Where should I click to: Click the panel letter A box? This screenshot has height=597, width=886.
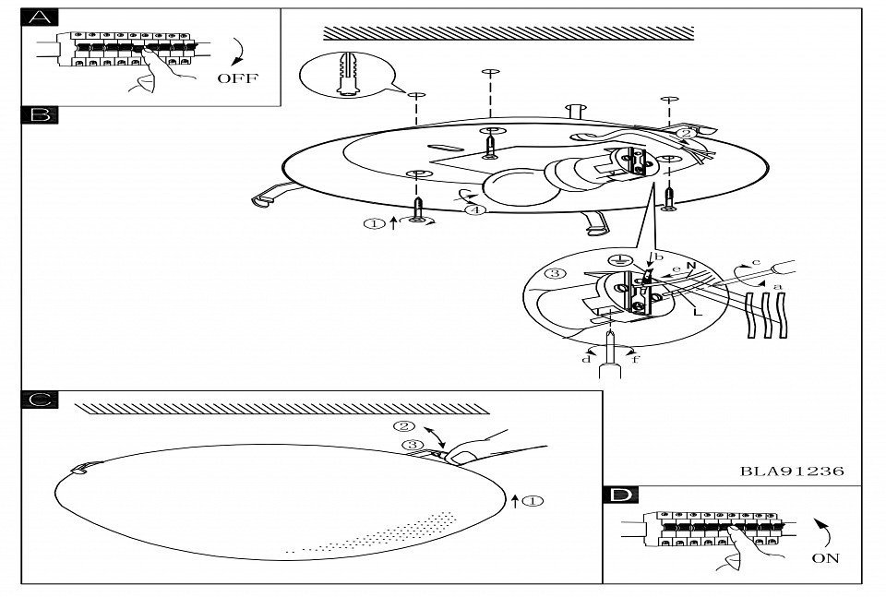(x=39, y=18)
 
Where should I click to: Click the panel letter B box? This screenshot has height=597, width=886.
(x=39, y=114)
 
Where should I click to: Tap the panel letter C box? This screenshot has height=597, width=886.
(x=39, y=400)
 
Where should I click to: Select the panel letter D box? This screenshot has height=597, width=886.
(x=620, y=495)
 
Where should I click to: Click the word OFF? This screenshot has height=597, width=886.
(x=237, y=78)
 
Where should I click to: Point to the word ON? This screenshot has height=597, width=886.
(x=825, y=558)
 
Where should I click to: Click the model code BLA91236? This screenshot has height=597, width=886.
(x=792, y=471)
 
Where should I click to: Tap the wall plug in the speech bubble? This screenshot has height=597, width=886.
(x=349, y=74)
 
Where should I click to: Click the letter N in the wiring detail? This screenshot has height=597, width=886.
(x=690, y=266)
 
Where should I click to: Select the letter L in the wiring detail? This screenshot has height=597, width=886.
(x=698, y=311)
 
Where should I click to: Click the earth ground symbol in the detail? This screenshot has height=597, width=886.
(x=620, y=260)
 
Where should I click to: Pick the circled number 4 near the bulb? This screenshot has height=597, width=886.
(x=476, y=209)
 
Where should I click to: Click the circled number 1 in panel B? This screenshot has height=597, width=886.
(x=374, y=223)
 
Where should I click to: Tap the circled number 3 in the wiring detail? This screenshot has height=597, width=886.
(x=556, y=273)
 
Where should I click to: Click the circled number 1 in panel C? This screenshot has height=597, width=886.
(x=533, y=500)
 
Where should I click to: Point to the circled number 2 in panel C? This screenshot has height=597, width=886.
(x=404, y=426)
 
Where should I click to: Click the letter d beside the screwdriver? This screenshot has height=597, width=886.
(x=587, y=359)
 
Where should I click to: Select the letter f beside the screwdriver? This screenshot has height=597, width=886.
(x=636, y=359)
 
